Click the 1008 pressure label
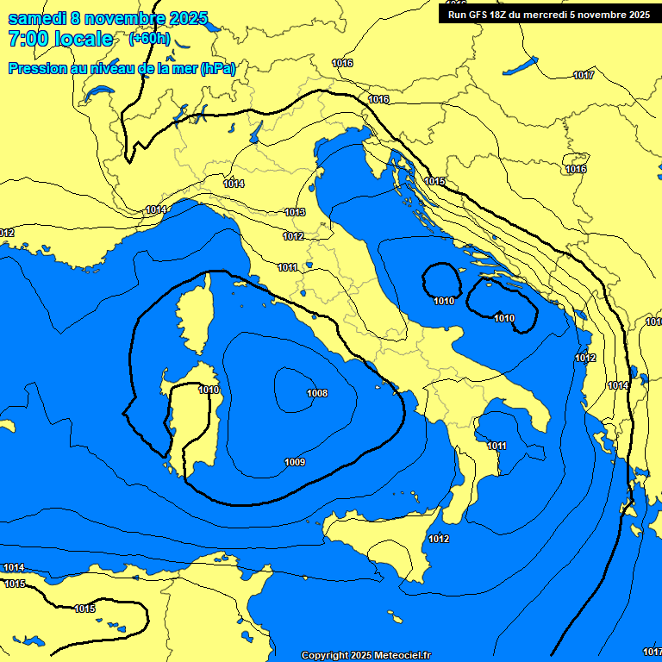point(317,393)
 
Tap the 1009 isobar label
point(294,463)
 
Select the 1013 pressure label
point(295,212)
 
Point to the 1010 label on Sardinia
point(209,390)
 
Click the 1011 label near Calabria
point(496,446)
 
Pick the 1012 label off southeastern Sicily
point(439,540)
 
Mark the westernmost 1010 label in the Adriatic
point(444,301)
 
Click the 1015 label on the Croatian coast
point(435,182)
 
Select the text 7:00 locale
point(60,39)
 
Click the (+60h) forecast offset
point(149,39)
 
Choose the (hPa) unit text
point(217,68)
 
